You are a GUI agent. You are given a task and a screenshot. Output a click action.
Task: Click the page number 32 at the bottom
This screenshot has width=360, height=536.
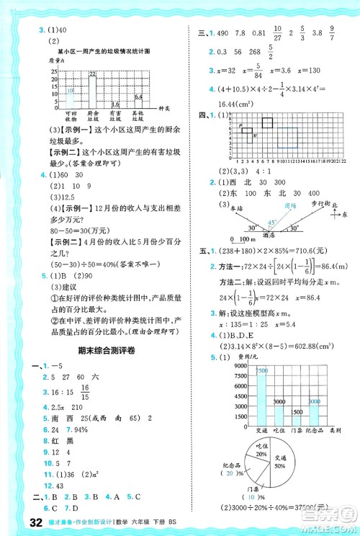tap(16, 523)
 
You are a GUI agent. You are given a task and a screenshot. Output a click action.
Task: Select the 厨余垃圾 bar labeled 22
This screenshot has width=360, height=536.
tap(92, 91)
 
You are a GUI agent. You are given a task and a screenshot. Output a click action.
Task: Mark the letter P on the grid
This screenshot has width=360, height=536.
tap(240, 126)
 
